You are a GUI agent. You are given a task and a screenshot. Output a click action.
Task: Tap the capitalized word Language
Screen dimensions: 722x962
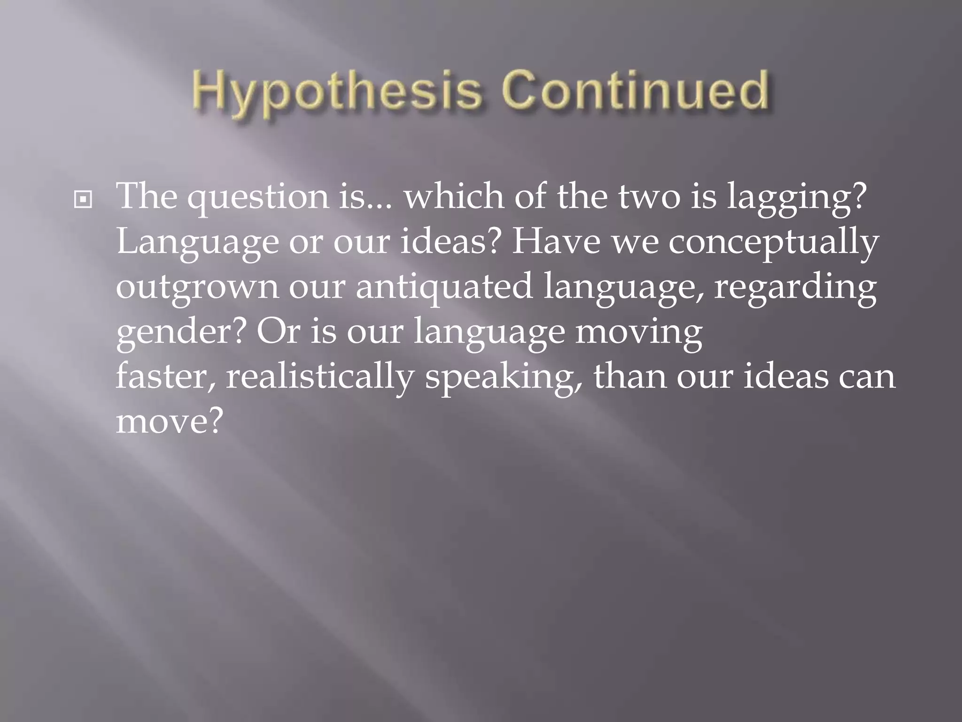tap(197, 243)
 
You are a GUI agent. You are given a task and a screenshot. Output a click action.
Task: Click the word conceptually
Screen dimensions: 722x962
tap(773, 243)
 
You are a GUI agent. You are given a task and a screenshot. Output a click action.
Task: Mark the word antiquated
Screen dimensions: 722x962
tap(444, 287)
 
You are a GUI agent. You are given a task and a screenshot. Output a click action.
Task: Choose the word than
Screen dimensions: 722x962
tap(629, 376)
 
